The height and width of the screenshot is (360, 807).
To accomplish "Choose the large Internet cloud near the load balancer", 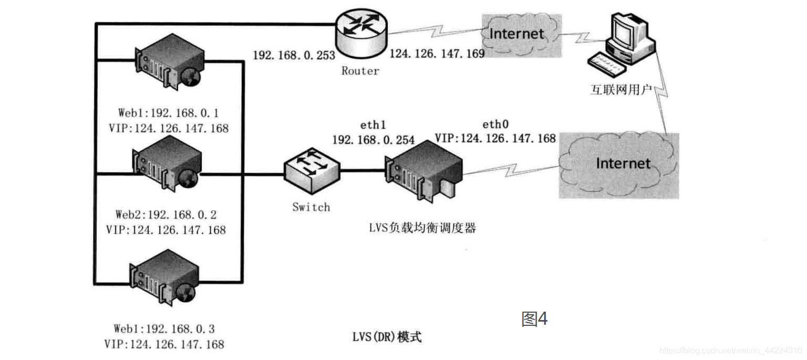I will (x=618, y=164).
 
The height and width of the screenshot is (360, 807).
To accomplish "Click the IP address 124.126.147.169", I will (x=437, y=54).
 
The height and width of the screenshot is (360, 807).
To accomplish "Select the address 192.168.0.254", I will (x=373, y=140).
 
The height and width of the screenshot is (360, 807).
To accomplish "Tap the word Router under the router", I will (x=360, y=71).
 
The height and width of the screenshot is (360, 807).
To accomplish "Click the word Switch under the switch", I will (x=311, y=207).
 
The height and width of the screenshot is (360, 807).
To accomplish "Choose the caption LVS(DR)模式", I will (x=387, y=337).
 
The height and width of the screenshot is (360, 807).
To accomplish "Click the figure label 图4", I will (x=534, y=318).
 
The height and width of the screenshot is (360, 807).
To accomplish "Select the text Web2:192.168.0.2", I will (x=166, y=215).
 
